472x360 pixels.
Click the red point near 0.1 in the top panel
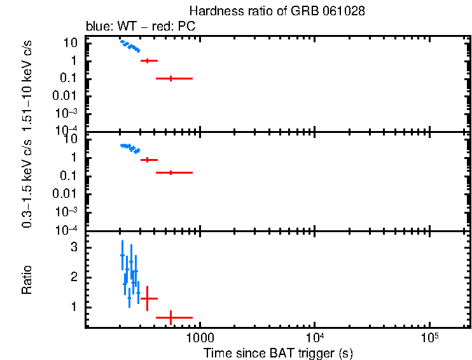(x=170, y=78)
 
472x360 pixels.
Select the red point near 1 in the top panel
(x=148, y=60)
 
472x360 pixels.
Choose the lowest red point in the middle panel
(x=170, y=172)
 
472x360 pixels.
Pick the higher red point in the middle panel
(x=148, y=160)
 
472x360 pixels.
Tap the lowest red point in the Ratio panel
(x=170, y=317)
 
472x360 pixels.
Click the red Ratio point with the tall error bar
(x=148, y=298)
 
